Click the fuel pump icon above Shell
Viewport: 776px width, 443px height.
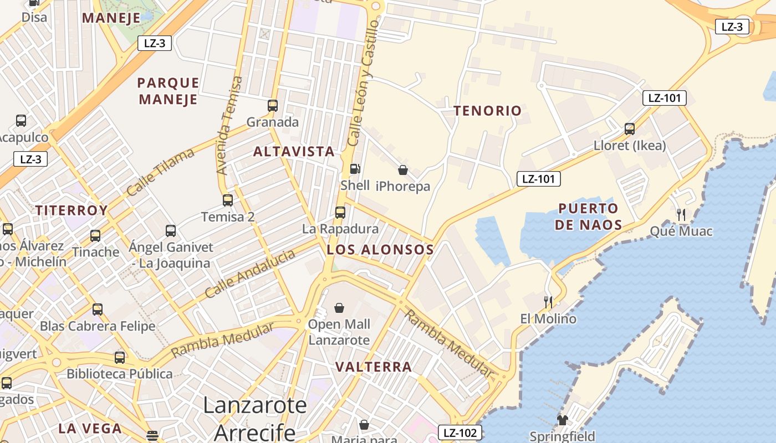coord(355,168)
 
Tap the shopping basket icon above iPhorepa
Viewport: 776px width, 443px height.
coord(403,170)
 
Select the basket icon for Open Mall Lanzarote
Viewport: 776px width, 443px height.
coord(339,307)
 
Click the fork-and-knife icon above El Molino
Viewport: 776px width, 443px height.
coord(548,302)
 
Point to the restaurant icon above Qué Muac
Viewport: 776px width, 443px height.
coord(681,214)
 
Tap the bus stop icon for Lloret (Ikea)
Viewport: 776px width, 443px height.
coord(630,129)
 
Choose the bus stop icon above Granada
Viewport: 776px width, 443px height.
coord(273,105)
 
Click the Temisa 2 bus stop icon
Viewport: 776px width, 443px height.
coord(228,200)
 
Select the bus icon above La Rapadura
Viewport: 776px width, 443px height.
coord(340,212)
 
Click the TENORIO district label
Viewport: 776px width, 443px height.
coord(488,111)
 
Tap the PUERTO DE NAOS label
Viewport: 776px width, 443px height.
coord(588,217)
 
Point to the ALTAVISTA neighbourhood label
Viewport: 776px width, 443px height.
coord(294,151)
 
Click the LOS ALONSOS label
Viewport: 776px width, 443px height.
coord(380,249)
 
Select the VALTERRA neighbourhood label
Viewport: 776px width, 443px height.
coord(374,367)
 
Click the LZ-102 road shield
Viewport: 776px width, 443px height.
coord(460,432)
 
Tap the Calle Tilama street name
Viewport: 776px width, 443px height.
coord(160,172)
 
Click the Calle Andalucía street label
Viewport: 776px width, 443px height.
coord(250,274)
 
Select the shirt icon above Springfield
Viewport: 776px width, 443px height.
coord(563,420)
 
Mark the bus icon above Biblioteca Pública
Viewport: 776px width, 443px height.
coord(120,357)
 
